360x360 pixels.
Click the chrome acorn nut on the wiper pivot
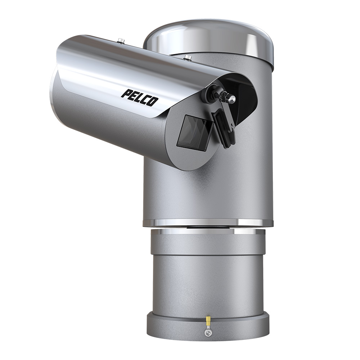point(231,98)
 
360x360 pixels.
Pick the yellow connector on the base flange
point(208,321)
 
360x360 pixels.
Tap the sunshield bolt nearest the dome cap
point(188,57)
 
